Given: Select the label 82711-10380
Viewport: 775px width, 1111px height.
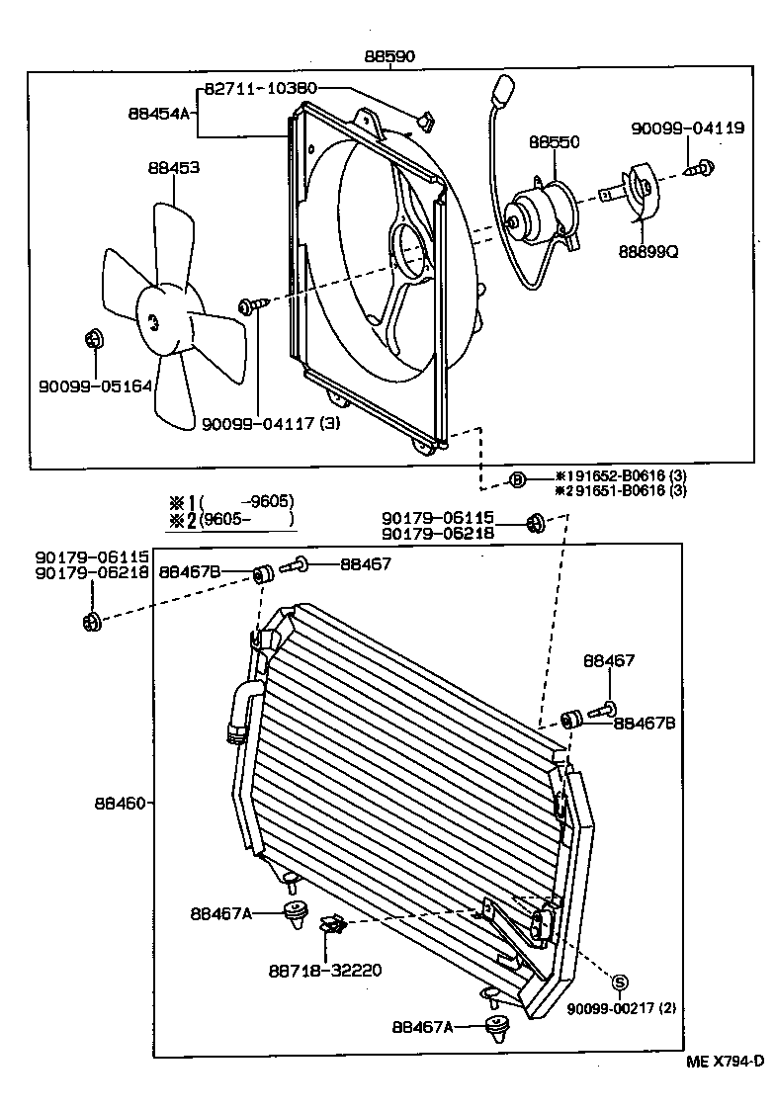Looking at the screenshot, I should click(261, 89).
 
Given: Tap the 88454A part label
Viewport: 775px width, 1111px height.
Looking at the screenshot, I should click(158, 114).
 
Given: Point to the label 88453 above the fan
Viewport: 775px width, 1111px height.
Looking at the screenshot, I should click(174, 168).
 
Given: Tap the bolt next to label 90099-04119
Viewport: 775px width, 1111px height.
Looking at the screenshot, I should click(704, 169).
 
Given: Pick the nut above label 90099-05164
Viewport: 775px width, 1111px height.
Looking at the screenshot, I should click(94, 340).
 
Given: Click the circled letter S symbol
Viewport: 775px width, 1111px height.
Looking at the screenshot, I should click(620, 982).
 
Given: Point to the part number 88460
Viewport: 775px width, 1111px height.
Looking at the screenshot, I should click(119, 803).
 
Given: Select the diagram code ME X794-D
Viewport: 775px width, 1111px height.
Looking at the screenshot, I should click(726, 1063).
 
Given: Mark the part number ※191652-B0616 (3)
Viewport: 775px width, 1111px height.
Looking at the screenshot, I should click(620, 474).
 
